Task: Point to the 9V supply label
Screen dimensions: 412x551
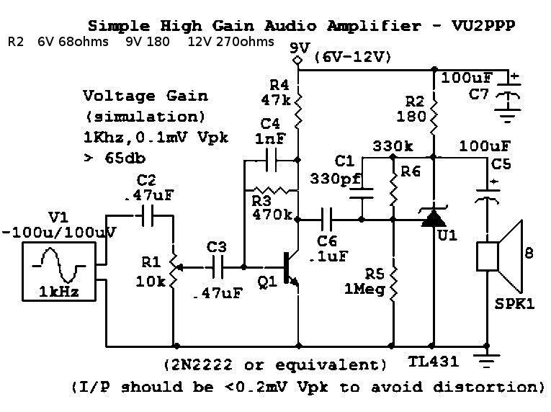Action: [297, 48]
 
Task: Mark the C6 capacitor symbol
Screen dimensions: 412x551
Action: [328, 215]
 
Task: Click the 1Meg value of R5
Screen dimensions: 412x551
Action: [374, 287]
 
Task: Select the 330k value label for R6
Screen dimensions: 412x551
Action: [393, 146]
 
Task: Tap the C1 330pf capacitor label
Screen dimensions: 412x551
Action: [333, 170]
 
